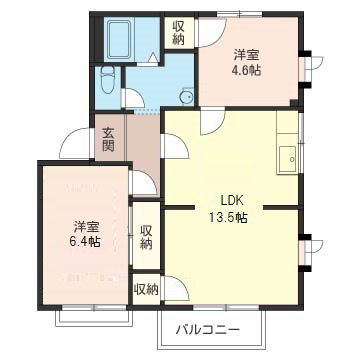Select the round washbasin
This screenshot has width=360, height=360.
pyautogui.click(x=186, y=96)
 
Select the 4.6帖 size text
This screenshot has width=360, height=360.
pyautogui.click(x=246, y=71)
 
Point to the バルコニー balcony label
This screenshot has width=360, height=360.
pyautogui.click(x=209, y=328)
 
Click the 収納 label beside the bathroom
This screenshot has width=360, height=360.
pyautogui.click(x=178, y=32)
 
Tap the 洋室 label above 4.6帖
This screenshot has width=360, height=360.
pyautogui.click(x=246, y=54)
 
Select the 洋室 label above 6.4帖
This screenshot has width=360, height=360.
pyautogui.click(x=85, y=224)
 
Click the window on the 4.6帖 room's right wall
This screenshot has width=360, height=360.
pyautogui.click(x=307, y=71)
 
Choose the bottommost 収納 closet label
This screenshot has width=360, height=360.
pyautogui.click(x=146, y=289)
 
